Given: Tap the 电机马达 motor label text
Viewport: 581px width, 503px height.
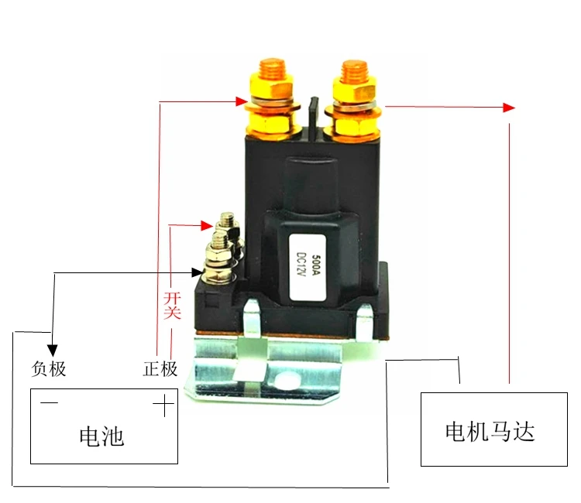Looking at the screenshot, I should click(490, 430).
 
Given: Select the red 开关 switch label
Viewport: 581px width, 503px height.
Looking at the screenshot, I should click(172, 303).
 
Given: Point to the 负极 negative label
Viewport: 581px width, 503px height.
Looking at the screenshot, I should click(49, 368).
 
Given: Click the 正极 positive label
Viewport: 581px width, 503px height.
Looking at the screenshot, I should click(160, 368).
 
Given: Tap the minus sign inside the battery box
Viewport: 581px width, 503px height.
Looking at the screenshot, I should click(49, 403).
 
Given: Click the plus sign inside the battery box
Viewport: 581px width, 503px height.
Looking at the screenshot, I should click(163, 405).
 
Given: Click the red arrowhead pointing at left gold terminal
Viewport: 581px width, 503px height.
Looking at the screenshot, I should click(242, 101).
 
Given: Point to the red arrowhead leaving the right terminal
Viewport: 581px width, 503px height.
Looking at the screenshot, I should click(508, 107).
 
